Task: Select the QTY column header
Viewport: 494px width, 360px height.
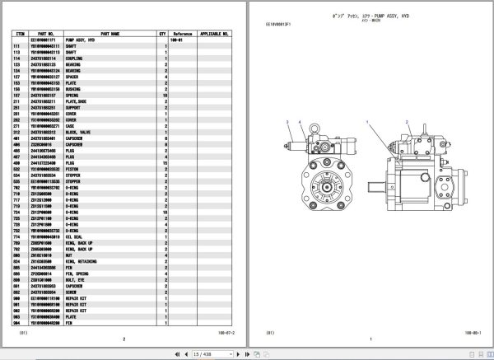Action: (x=162, y=34)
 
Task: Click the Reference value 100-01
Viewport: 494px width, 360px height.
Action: (x=175, y=40)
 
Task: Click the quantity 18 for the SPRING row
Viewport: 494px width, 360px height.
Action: (x=165, y=95)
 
